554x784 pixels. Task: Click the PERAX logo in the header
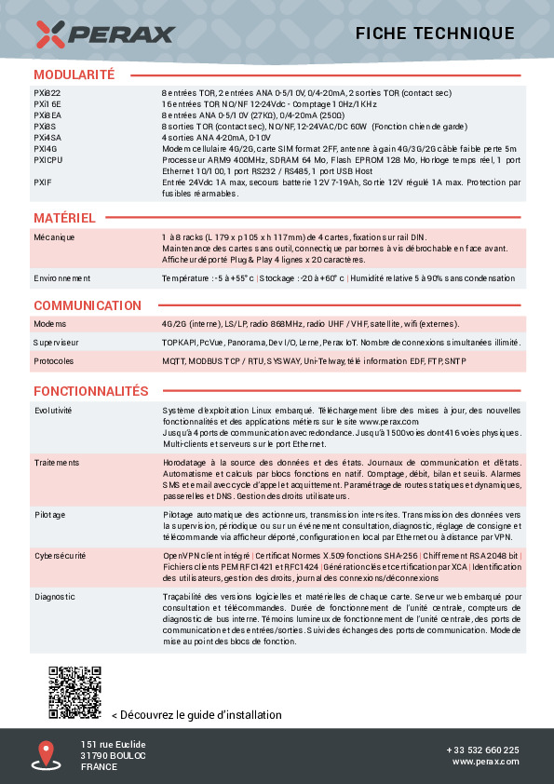(x=105, y=34)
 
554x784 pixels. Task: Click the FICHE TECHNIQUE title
(x=435, y=34)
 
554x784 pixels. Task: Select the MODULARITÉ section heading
(x=74, y=74)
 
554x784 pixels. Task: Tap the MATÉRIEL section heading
(x=64, y=218)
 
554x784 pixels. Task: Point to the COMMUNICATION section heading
(x=88, y=305)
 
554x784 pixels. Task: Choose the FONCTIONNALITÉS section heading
(x=91, y=391)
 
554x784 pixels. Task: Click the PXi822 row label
(x=47, y=93)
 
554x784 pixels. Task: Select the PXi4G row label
(x=46, y=148)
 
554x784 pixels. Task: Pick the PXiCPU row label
(x=48, y=160)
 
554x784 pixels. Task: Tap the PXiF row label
(x=43, y=182)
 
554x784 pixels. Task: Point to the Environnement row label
(x=62, y=278)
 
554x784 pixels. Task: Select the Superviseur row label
(x=57, y=343)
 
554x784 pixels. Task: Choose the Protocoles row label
(x=54, y=360)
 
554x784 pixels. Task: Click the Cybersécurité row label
(x=61, y=555)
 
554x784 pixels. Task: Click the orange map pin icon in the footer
(x=46, y=753)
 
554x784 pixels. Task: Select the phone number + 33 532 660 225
(x=482, y=750)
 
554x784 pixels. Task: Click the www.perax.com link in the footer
(x=486, y=762)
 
